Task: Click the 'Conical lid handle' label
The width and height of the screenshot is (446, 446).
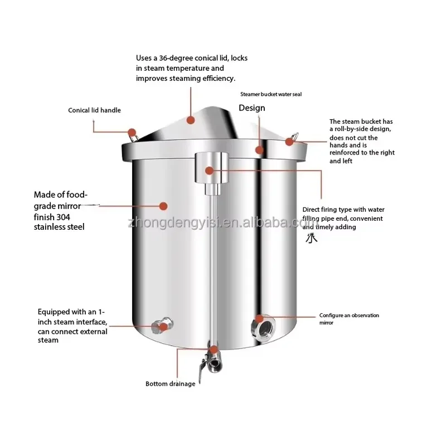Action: pyautogui.click(x=94, y=110)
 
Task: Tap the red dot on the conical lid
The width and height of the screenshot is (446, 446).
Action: pyautogui.click(x=191, y=120)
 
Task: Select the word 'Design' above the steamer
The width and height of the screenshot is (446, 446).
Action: pyautogui.click(x=252, y=108)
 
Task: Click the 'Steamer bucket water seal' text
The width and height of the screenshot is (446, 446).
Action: pyautogui.click(x=271, y=94)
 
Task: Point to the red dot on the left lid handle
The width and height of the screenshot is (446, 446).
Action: pyautogui.click(x=132, y=133)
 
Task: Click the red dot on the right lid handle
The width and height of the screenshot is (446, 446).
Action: pyautogui.click(x=289, y=142)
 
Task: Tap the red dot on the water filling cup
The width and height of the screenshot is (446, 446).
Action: pyautogui.click(x=210, y=171)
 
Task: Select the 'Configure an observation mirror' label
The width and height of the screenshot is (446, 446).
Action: pyautogui.click(x=349, y=319)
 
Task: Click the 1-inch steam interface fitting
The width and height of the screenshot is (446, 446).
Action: pyautogui.click(x=162, y=326)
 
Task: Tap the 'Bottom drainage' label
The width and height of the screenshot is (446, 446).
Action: pyautogui.click(x=171, y=384)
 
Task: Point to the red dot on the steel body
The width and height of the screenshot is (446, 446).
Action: pyautogui.click(x=163, y=206)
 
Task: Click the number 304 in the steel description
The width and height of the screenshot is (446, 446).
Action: pyautogui.click(x=63, y=217)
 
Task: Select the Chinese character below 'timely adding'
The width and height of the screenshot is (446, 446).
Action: pyautogui.click(x=312, y=238)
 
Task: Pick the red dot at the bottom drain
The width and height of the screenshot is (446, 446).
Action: pyautogui.click(x=214, y=350)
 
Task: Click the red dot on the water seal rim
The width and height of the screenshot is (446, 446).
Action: pyautogui.click(x=259, y=150)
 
